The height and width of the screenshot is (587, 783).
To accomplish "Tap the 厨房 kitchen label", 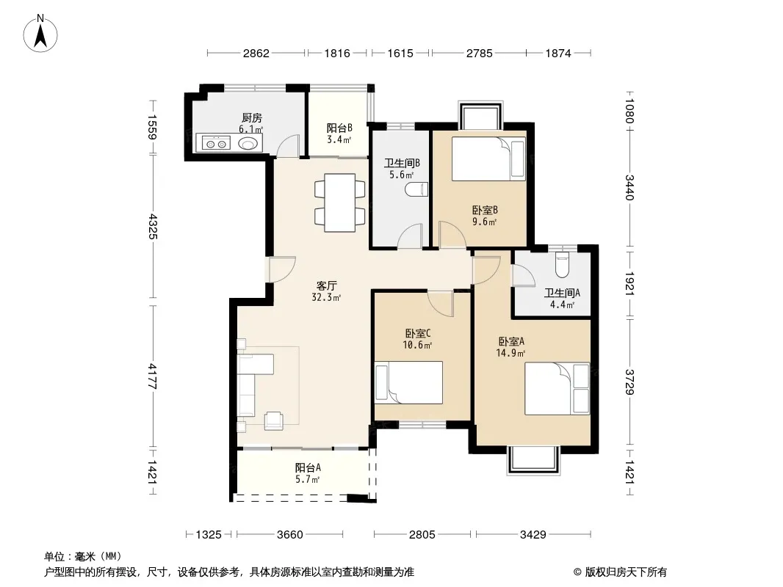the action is [252, 118].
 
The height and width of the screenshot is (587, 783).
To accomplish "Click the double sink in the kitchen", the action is [216, 144].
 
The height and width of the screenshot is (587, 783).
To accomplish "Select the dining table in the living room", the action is [339, 203].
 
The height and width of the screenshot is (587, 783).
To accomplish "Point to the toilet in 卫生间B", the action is [417, 189].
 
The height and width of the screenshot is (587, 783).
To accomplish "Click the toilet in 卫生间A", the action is [563, 266].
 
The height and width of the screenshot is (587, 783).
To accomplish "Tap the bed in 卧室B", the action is [488, 159].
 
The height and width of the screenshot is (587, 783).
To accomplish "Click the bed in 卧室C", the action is [408, 382].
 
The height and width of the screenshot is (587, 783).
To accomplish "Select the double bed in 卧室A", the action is [557, 388].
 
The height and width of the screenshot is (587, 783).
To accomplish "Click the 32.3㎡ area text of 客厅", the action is [326, 298].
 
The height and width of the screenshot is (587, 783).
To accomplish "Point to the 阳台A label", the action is [308, 468].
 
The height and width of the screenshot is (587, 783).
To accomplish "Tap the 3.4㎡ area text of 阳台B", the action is [339, 139].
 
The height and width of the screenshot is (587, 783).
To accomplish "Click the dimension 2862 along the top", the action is [256, 53].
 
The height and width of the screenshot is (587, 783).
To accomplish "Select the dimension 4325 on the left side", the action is [153, 227].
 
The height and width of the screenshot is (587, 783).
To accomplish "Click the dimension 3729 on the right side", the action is [629, 382].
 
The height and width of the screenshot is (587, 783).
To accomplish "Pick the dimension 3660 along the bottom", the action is [289, 535].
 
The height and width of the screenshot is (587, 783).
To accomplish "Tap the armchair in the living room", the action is [274, 421].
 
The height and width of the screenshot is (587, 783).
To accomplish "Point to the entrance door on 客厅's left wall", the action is [283, 269].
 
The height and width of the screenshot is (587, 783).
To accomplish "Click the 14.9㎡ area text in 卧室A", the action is [510, 354].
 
